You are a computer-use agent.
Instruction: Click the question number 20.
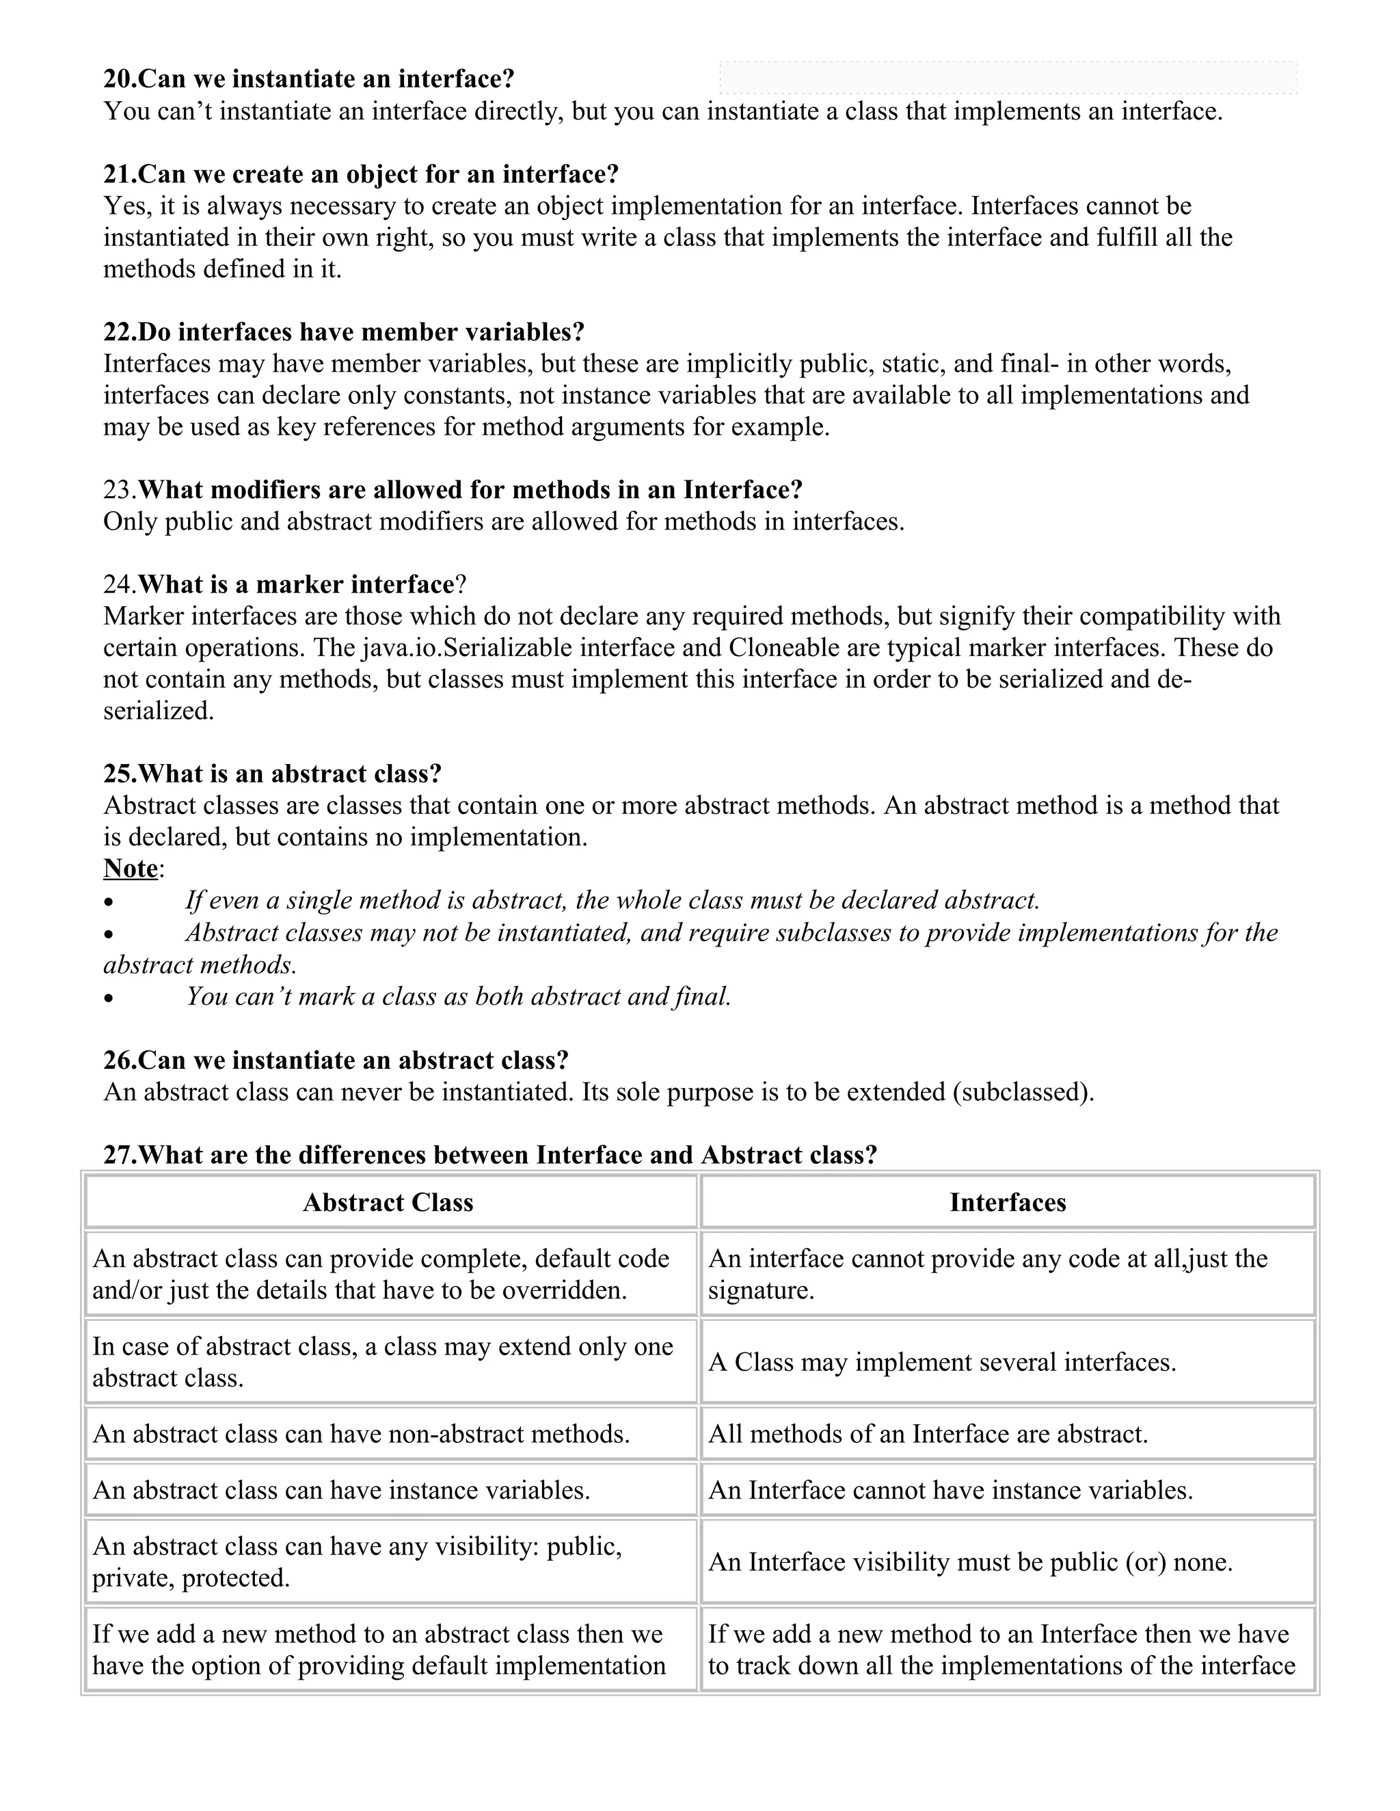click(118, 79)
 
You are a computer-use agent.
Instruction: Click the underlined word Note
click(130, 868)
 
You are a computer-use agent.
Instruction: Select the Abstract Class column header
click(388, 1202)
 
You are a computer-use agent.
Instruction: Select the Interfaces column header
click(1008, 1202)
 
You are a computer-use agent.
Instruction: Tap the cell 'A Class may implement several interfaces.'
click(942, 1363)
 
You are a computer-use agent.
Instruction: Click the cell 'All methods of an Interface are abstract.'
click(928, 1434)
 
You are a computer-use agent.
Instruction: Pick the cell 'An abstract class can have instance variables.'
click(341, 1490)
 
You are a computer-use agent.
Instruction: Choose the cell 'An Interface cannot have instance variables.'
click(950, 1490)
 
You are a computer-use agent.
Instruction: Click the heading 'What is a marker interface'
click(295, 584)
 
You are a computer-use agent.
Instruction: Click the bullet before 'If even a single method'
click(109, 902)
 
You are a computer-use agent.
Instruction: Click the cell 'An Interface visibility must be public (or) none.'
click(971, 1562)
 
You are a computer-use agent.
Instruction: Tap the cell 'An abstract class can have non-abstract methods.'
click(361, 1434)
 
